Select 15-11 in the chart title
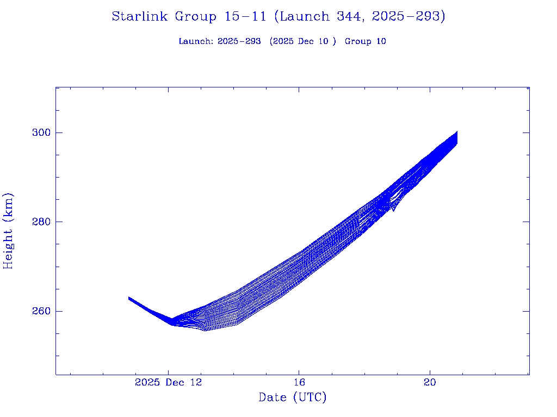coord(245,17)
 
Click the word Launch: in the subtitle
coord(196,41)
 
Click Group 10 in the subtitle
coord(365,41)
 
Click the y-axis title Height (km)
coord(9,231)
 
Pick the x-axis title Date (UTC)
coord(293,398)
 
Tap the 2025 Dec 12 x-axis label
coord(168,383)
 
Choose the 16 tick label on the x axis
coord(299,383)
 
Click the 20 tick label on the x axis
coord(430,383)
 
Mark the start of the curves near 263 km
coord(129,298)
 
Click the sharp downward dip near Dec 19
coord(393,210)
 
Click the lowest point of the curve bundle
coord(205,330)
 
